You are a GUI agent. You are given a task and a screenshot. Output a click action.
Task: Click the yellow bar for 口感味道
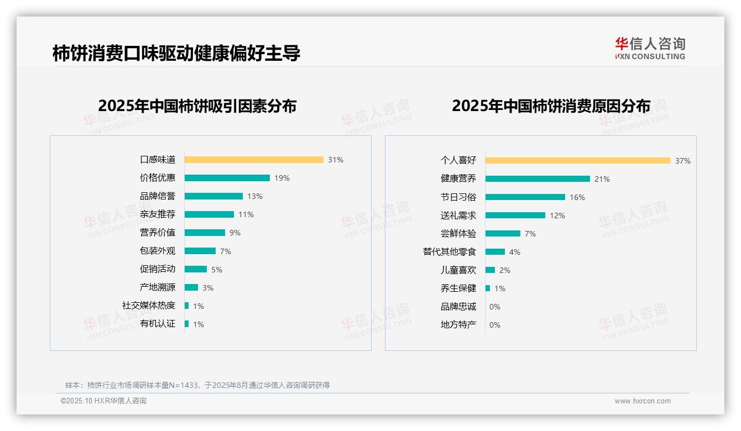(x=254, y=160)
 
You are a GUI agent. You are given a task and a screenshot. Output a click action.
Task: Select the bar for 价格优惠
(x=227, y=178)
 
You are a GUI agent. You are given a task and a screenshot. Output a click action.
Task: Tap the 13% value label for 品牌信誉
(x=255, y=196)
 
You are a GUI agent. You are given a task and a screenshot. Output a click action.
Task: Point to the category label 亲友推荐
(x=158, y=214)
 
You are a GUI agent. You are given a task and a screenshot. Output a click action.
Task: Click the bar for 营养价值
(x=205, y=233)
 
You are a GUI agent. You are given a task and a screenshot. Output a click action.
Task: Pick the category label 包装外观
(x=158, y=251)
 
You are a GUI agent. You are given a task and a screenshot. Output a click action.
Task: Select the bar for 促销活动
(x=196, y=269)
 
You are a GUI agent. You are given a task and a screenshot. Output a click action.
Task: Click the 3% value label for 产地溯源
(x=208, y=288)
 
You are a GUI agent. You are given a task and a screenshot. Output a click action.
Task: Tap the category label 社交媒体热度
(x=149, y=306)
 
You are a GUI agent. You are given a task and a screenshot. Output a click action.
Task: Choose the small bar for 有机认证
(x=187, y=324)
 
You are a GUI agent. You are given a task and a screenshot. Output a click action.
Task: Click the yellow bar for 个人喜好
(x=578, y=161)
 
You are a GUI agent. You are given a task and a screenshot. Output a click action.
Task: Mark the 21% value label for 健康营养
(x=602, y=179)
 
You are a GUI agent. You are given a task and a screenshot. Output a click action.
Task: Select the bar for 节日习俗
(x=525, y=197)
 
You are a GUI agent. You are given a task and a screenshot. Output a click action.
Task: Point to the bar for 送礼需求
(x=515, y=215)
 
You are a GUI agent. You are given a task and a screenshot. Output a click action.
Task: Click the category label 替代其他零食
(x=450, y=252)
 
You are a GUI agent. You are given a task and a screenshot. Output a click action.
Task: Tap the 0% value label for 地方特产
(x=495, y=325)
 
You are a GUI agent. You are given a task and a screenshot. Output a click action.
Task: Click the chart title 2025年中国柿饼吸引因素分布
(x=197, y=106)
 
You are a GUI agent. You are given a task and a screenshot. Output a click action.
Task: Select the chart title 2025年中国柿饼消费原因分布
(x=551, y=106)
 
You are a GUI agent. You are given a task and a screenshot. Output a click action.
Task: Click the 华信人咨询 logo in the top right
(x=650, y=49)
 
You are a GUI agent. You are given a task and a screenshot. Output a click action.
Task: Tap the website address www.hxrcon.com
(x=643, y=401)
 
